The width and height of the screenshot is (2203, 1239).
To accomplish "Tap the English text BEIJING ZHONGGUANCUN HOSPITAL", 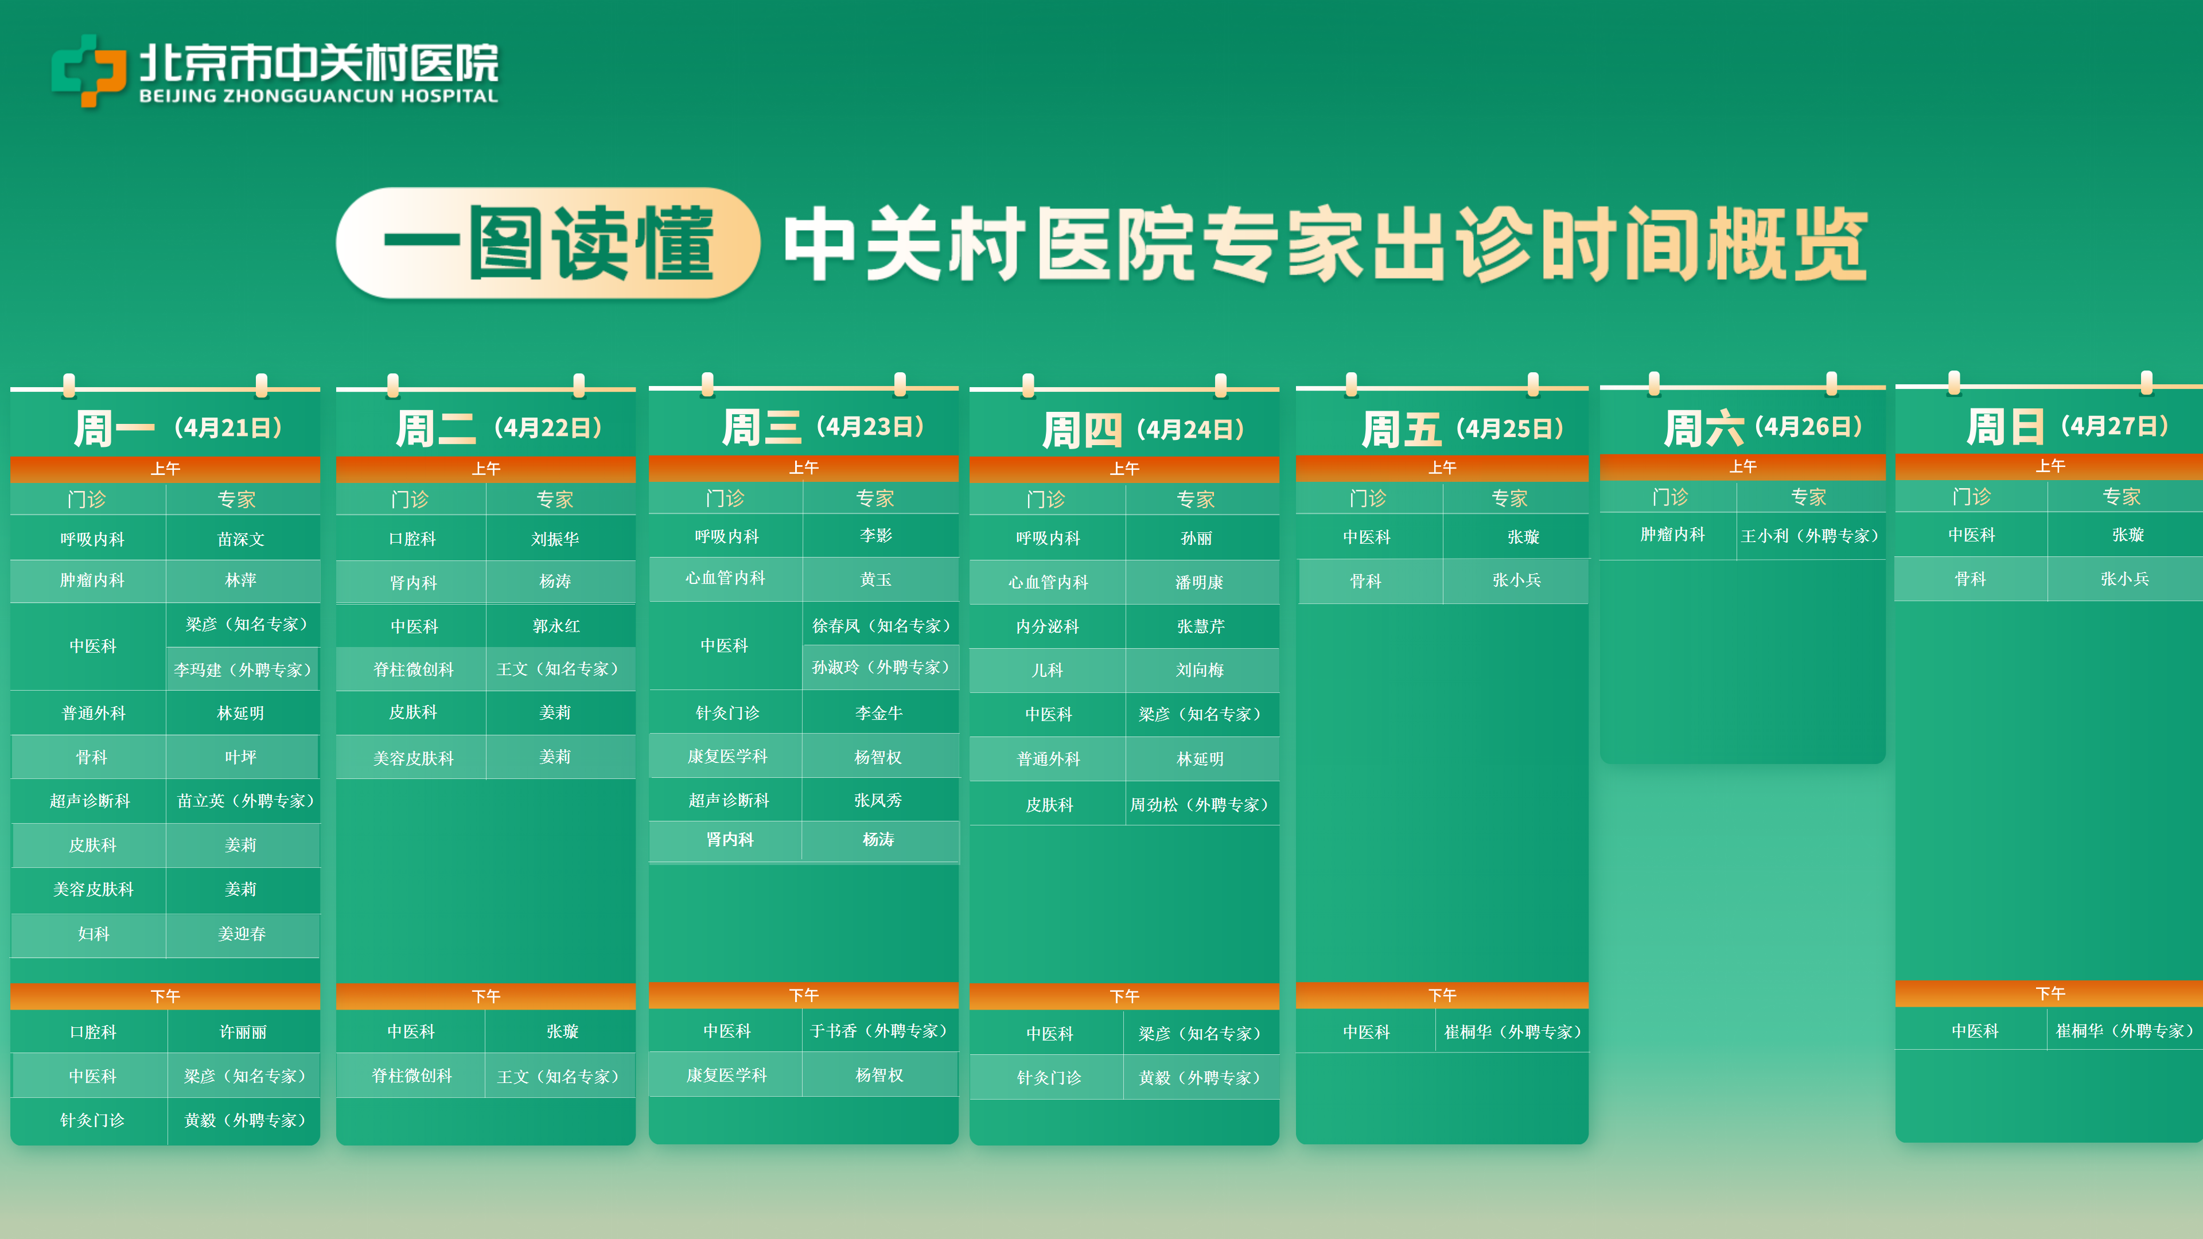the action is click(x=318, y=96).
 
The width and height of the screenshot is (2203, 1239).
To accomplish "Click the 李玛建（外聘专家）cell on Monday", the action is click(x=243, y=669).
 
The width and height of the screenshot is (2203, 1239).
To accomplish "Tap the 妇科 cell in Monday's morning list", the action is click(x=93, y=934).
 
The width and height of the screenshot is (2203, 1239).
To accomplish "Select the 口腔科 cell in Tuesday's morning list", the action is click(x=412, y=539).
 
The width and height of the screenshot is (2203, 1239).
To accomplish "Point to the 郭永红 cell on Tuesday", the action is click(x=556, y=626).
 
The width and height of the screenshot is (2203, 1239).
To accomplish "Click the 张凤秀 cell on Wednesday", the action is click(x=878, y=800).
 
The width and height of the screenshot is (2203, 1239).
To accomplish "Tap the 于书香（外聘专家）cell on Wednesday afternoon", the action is click(x=879, y=1031).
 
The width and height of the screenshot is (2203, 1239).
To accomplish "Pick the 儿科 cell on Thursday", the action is click(x=1048, y=671).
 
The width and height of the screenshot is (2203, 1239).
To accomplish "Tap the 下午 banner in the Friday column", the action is click(x=1442, y=995).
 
